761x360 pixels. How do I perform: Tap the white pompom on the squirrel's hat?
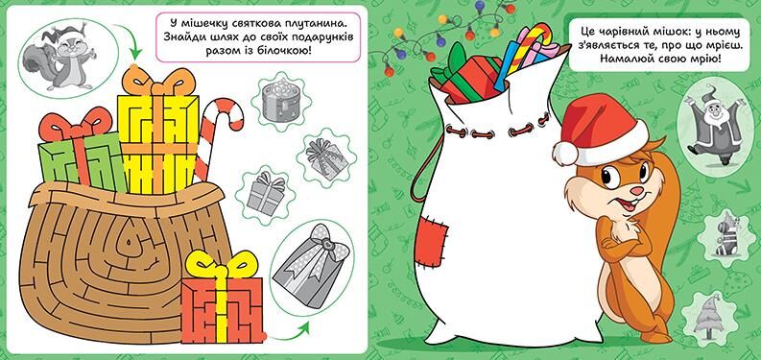pos(565,152)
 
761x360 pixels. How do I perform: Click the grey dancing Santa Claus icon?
pos(712,125)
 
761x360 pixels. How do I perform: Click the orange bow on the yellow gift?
pos(157,82)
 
